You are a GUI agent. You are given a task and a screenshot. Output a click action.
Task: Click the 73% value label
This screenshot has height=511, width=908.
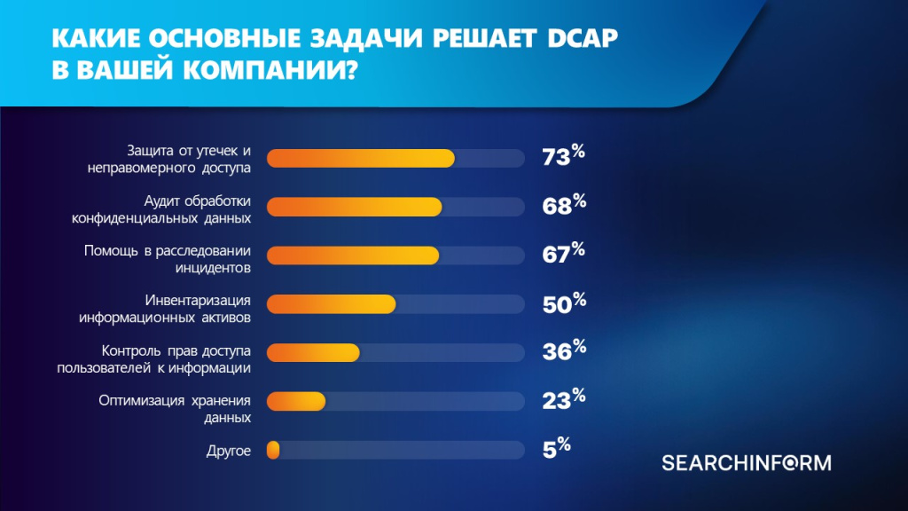point(563,157)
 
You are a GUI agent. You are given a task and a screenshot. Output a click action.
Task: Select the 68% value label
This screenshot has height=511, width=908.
point(563,206)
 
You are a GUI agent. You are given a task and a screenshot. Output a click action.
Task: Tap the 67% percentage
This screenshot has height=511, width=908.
point(563,255)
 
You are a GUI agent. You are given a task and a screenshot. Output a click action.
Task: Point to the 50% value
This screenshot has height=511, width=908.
point(563,303)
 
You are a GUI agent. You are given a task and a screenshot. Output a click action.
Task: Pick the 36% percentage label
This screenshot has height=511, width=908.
point(563,351)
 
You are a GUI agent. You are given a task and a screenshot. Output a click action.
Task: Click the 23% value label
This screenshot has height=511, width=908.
point(563,400)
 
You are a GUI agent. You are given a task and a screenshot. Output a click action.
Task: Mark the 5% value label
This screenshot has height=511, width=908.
point(556,449)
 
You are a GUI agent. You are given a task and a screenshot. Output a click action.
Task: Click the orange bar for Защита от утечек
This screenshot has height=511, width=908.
point(360,158)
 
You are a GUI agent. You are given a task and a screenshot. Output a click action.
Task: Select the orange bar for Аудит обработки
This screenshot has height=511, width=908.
point(354,207)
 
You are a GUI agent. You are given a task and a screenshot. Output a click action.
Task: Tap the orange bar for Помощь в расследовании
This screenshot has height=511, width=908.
point(352,255)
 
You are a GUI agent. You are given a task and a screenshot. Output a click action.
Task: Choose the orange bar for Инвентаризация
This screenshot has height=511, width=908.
point(331,304)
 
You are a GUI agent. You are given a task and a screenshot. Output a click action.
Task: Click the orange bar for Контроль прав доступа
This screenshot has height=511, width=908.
point(313,352)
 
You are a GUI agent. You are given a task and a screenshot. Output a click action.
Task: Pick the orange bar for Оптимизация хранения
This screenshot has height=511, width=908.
point(296,401)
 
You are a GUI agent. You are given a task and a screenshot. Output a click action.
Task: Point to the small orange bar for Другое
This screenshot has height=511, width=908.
point(273,450)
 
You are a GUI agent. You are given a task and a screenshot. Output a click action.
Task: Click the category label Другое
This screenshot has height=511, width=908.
point(229,451)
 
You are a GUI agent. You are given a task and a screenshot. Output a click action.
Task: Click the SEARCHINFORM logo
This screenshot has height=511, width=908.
point(746,462)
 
